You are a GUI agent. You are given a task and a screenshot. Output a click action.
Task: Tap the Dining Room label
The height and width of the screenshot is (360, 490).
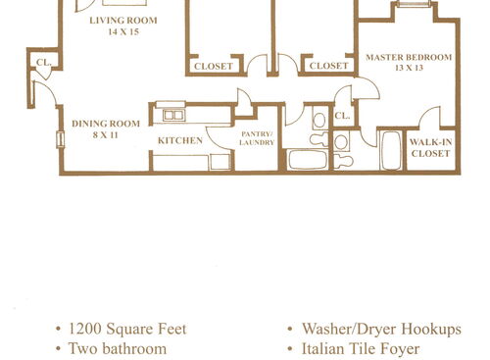click(x=106, y=124)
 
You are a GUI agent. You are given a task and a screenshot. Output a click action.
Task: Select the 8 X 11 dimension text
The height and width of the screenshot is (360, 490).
click(x=106, y=135)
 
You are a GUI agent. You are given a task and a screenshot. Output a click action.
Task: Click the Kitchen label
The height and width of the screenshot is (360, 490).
click(x=180, y=141)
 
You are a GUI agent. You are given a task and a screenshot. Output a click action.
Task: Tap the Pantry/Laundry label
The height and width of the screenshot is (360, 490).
click(x=257, y=137)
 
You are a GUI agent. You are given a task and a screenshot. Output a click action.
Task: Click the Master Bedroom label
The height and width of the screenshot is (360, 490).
click(x=409, y=58)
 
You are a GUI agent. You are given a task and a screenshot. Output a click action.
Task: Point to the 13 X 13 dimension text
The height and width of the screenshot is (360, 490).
click(x=409, y=70)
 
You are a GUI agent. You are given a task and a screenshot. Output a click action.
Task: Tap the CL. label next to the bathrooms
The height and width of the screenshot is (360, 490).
click(x=342, y=116)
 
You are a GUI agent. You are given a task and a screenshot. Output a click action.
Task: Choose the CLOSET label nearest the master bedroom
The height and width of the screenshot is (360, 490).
click(x=329, y=67)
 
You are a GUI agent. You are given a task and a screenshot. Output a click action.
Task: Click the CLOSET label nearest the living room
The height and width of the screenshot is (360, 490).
click(x=214, y=67)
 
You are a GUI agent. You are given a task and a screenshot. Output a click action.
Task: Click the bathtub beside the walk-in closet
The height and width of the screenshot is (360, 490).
click(x=389, y=152)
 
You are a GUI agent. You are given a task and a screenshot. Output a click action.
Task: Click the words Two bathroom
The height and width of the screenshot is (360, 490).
click(x=118, y=348)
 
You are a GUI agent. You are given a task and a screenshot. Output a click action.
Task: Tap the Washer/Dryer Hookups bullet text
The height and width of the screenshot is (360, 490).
click(x=381, y=329)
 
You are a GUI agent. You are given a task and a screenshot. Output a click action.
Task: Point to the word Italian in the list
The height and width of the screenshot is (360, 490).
click(x=324, y=348)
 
